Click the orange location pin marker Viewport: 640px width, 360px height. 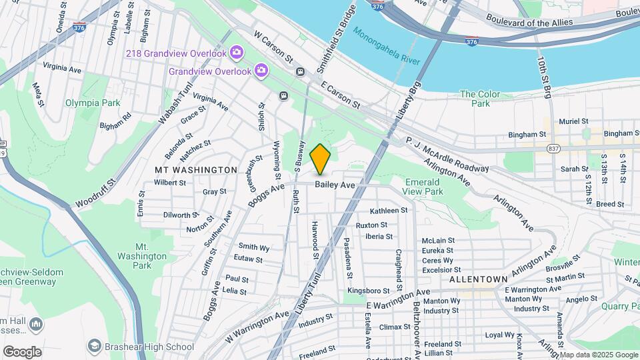[321, 159]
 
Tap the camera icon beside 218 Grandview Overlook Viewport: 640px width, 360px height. [235, 52]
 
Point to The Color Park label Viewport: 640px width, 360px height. [475, 99]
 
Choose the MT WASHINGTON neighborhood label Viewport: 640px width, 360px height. [196, 170]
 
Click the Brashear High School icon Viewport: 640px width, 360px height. [95, 346]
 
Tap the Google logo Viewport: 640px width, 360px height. [22, 352]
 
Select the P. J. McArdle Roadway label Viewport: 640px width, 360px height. [447, 155]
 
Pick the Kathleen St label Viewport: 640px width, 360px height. [388, 211]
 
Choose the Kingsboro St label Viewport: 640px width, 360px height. [368, 291]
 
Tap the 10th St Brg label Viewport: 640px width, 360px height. [543, 77]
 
